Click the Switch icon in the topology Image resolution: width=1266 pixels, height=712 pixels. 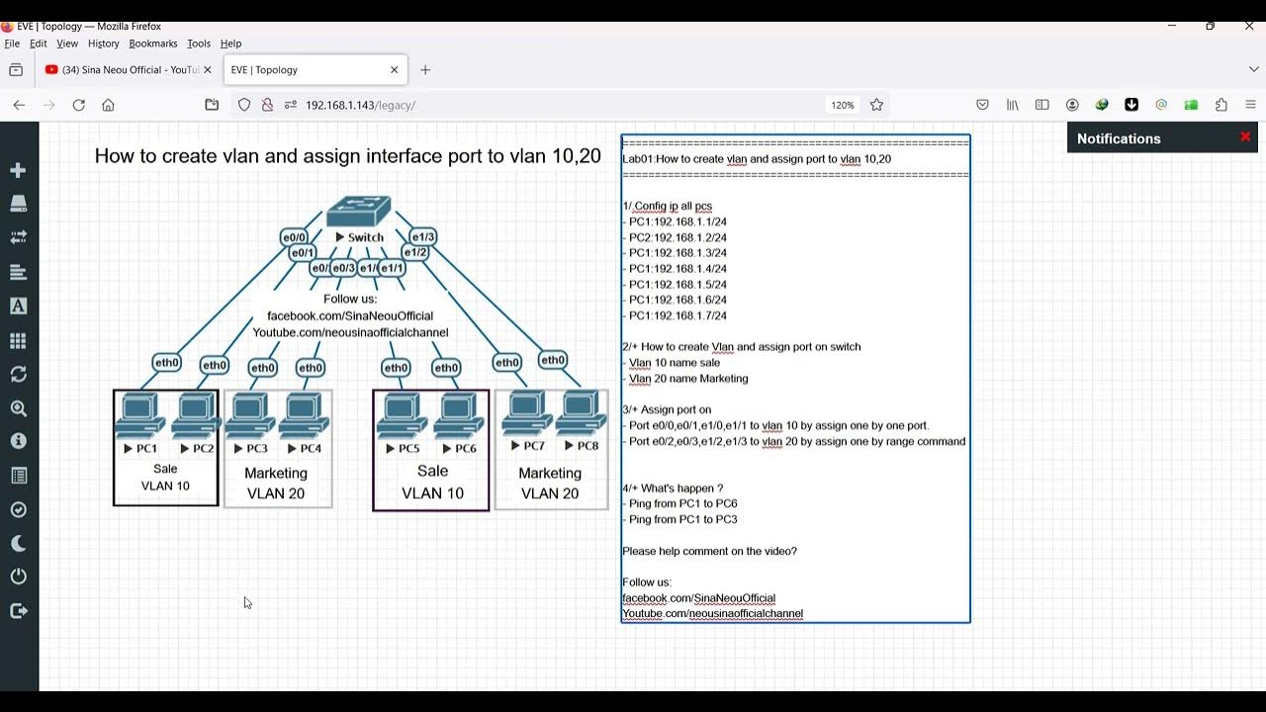tap(358, 212)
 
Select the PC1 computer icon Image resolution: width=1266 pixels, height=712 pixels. tap(139, 415)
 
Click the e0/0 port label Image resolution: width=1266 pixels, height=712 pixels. tap(294, 237)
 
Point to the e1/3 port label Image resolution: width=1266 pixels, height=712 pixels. tap(422, 237)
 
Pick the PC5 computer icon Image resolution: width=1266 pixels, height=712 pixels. tap(402, 416)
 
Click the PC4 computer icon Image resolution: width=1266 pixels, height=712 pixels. tap(304, 416)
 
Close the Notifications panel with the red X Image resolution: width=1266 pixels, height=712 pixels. tap(1245, 137)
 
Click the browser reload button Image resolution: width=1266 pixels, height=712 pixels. tap(79, 105)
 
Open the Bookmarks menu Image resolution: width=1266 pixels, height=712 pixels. tap(152, 44)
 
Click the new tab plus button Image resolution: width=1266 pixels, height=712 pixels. tap(425, 70)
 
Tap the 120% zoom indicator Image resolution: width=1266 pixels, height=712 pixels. tap(842, 105)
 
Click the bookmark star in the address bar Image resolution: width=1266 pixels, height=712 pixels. tap(876, 105)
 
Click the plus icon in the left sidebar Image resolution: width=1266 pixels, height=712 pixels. tap(18, 170)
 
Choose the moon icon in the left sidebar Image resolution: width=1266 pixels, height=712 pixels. tap(18, 543)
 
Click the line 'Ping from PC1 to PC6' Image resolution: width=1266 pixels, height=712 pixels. tap(682, 503)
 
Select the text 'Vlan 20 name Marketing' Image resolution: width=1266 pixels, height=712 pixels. tap(688, 378)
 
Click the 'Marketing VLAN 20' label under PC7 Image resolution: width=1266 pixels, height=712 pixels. tap(550, 484)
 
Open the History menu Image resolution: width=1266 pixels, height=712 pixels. tap(103, 44)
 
